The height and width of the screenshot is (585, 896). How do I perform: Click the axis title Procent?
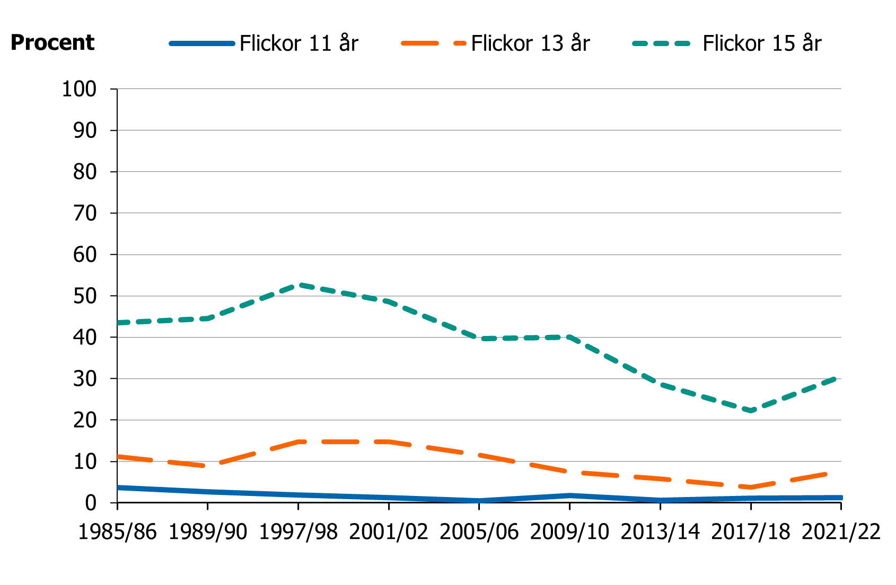[x=52, y=42]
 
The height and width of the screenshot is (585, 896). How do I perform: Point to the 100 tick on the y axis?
[x=80, y=89]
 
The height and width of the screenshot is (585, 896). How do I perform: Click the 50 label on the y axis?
[x=85, y=296]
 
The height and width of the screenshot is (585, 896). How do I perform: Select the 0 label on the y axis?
[x=91, y=503]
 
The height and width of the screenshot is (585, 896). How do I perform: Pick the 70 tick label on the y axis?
[x=85, y=214]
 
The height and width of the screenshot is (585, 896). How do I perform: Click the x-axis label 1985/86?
[x=117, y=531]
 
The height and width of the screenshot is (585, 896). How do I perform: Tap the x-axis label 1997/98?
[x=298, y=531]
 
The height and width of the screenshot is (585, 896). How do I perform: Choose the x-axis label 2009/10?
[x=569, y=531]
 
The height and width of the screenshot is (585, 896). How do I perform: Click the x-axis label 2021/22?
[x=840, y=531]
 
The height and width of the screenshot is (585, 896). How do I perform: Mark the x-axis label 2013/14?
[x=660, y=531]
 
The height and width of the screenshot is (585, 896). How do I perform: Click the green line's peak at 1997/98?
[x=298, y=285]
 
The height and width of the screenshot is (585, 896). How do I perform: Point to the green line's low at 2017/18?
[x=751, y=411]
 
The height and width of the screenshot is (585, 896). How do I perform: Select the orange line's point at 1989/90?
[x=208, y=466]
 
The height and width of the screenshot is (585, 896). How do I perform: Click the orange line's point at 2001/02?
[x=389, y=441]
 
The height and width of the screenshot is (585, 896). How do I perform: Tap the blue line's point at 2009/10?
[x=570, y=495]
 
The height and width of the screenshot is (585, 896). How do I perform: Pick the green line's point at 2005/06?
[x=479, y=339]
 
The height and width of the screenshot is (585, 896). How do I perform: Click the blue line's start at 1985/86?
[x=118, y=487]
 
